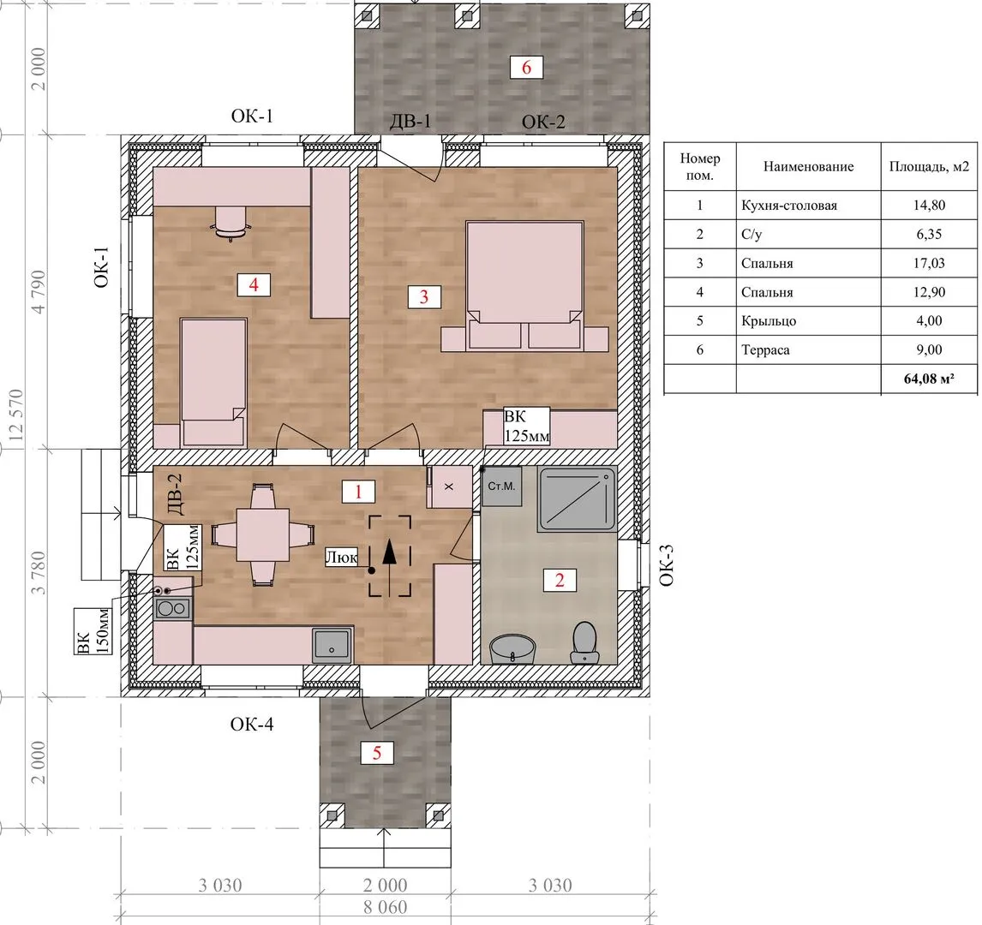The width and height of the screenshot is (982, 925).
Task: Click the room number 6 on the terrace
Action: tap(526, 67)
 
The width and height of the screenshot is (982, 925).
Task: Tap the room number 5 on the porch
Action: tap(376, 752)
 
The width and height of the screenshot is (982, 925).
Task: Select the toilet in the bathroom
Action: tap(585, 642)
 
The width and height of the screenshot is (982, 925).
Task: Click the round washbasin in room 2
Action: tap(513, 649)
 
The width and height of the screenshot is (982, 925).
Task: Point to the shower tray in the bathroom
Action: tap(576, 500)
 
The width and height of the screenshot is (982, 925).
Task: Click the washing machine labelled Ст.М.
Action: tap(501, 486)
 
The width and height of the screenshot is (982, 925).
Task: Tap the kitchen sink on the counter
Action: tap(332, 645)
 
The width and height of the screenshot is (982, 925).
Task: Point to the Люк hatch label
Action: tap(342, 557)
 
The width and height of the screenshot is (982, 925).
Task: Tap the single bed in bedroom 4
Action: tap(213, 382)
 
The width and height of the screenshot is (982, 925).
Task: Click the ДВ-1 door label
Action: tap(410, 120)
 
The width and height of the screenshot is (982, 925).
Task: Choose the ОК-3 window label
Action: tap(667, 565)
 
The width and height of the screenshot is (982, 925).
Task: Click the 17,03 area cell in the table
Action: tap(929, 263)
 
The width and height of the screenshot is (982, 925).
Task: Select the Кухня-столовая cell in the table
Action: tap(789, 206)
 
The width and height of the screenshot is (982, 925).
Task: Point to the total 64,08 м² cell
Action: tap(929, 379)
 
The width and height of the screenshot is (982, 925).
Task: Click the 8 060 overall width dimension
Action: tap(385, 907)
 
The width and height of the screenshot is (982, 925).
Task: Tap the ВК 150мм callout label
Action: tap(93, 631)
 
